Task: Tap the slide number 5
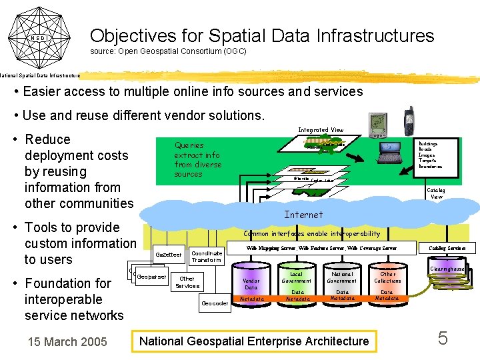pyautogui.click(x=442, y=339)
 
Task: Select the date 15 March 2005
pyautogui.click(x=67, y=342)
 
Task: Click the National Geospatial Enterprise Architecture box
pyautogui.click(x=254, y=341)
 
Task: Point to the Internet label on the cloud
pyautogui.click(x=303, y=215)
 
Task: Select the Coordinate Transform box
pyautogui.click(x=207, y=256)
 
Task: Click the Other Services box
pyautogui.click(x=187, y=282)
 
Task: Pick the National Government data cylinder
pyautogui.click(x=342, y=285)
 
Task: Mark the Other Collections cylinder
pyautogui.click(x=387, y=285)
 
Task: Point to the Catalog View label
pyautogui.click(x=437, y=193)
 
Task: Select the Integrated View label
pyautogui.click(x=321, y=130)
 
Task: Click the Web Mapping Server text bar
pyautogui.click(x=321, y=248)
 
